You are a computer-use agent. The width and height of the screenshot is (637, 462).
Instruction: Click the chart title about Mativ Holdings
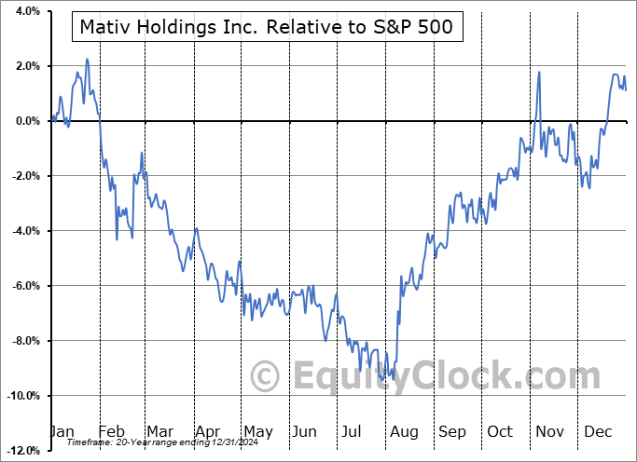click(x=266, y=26)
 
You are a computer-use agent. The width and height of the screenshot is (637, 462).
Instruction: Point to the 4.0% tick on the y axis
click(x=25, y=11)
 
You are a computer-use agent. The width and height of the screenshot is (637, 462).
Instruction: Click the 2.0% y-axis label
click(x=25, y=66)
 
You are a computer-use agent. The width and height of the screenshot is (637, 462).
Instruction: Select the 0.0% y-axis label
click(x=25, y=121)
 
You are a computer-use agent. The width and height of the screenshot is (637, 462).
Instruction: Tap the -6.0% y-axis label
click(x=23, y=286)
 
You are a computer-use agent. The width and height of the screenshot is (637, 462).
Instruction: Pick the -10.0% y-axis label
click(x=21, y=396)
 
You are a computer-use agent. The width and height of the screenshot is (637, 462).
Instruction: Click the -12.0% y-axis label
click(x=21, y=451)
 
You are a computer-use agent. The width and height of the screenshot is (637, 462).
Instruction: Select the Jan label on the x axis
click(x=62, y=431)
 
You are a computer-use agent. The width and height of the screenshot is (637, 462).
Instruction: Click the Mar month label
click(x=159, y=431)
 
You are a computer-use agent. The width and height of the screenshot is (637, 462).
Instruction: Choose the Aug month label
click(x=404, y=431)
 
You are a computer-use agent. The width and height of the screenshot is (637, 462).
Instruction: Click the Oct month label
click(x=501, y=431)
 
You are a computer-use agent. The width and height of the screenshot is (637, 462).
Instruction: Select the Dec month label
click(x=599, y=431)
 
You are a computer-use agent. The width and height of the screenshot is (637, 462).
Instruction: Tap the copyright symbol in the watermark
click(x=267, y=377)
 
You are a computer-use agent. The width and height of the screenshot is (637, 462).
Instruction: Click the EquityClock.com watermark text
click(x=448, y=376)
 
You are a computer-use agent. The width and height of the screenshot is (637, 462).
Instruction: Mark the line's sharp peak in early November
click(x=539, y=72)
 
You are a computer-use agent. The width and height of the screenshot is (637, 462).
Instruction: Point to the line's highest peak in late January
click(x=87, y=60)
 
